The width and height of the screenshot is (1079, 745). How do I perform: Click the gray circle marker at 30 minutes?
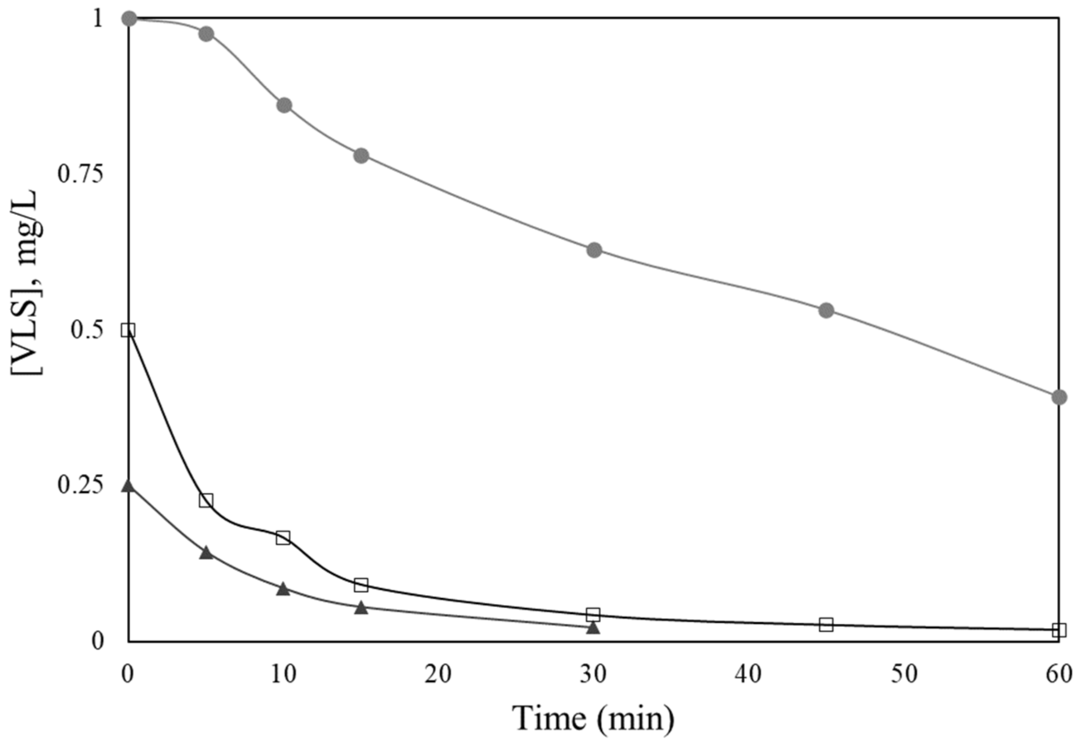594,250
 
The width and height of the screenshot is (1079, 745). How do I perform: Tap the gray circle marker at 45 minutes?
826,310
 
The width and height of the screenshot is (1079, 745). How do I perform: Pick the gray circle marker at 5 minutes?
207,34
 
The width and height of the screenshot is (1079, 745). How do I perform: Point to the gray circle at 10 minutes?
284,105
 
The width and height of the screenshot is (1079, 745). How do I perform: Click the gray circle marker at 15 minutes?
361,155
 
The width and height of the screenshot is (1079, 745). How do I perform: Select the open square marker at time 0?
129,330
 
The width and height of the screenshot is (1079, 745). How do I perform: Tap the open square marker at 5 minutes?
206,501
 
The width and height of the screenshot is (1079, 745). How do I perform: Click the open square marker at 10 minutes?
283,538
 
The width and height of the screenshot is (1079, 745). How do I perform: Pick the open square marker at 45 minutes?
826,625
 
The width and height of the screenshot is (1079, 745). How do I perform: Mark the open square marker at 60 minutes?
1059,629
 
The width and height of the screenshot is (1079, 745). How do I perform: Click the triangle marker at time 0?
129,486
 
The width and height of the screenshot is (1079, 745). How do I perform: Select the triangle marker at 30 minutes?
593,627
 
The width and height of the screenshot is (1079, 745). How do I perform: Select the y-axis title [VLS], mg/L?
27,282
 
